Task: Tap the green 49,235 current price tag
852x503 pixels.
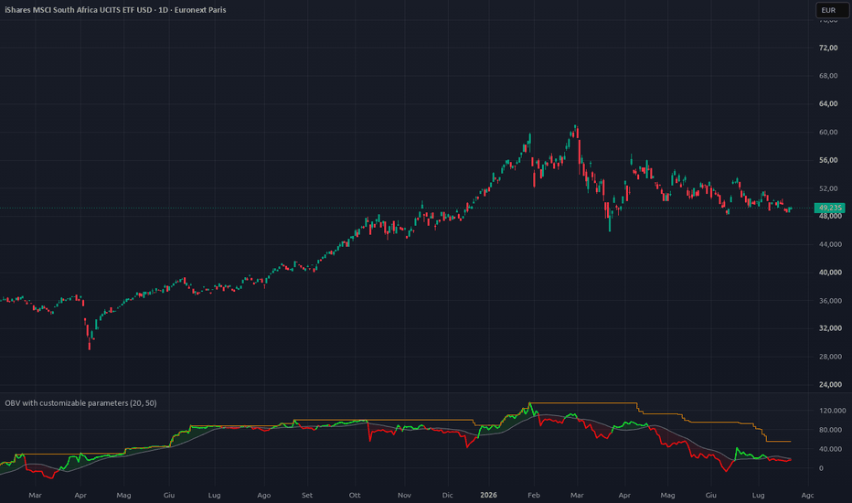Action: pos(830,208)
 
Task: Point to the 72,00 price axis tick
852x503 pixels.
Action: pos(828,48)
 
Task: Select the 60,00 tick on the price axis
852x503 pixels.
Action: pos(828,132)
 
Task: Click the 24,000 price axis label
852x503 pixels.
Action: pos(830,384)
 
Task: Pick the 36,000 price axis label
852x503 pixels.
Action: pos(830,301)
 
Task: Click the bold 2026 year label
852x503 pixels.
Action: pos(488,495)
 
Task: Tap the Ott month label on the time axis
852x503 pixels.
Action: pos(355,495)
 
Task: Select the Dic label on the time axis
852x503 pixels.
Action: pos(447,495)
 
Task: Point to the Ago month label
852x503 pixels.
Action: pos(263,495)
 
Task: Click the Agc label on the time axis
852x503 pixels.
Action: pos(807,495)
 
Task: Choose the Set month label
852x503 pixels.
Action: pos(307,495)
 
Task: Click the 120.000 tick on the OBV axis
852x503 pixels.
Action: pos(833,411)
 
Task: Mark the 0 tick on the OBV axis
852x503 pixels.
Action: pos(821,468)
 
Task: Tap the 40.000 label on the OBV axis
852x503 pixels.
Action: pos(830,449)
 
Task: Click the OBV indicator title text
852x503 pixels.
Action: pos(81,403)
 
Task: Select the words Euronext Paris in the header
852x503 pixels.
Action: pos(200,10)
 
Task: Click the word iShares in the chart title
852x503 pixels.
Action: pos(18,10)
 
